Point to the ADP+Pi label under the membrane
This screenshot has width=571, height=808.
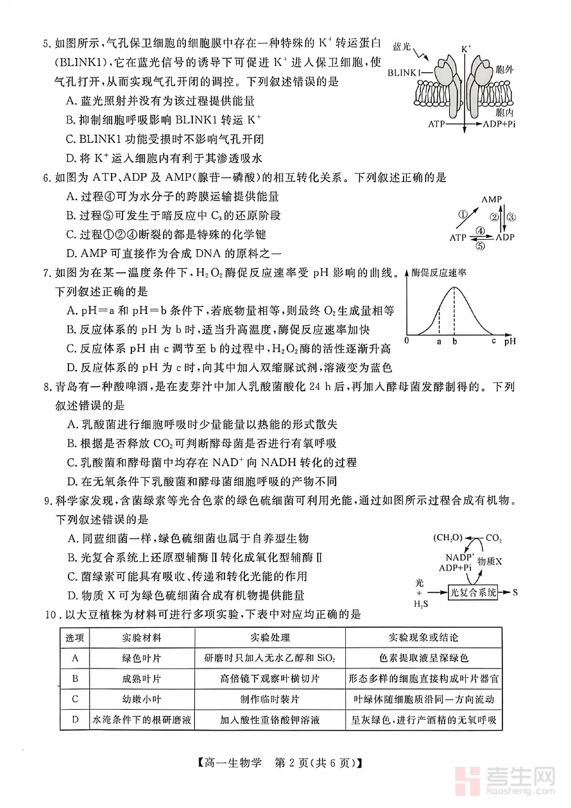click(500, 125)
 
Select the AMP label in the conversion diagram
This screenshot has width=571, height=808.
click(492, 200)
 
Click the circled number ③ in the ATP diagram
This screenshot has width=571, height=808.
click(511, 216)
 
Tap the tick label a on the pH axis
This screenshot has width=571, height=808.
click(438, 341)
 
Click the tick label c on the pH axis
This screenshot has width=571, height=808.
click(493, 341)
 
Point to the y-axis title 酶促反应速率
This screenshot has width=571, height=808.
click(439, 273)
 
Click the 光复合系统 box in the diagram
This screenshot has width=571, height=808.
click(473, 592)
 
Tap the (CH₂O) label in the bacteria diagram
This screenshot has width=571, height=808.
click(448, 538)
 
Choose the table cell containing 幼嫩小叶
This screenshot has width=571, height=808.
click(141, 699)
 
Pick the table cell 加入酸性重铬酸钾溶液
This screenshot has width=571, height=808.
click(270, 720)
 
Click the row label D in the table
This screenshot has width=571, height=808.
click(75, 720)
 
